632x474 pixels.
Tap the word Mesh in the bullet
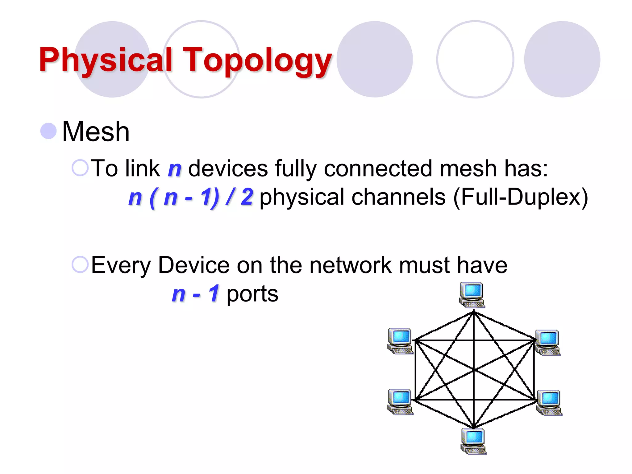96,132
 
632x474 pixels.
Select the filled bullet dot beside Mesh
49,131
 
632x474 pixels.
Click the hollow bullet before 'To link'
80,168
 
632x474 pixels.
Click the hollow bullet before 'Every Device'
80,264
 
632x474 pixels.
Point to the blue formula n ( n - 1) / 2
191,197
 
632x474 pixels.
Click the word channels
398,197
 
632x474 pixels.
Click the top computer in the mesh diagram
472,295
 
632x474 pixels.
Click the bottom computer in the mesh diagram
473,441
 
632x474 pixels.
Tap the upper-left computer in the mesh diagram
400,341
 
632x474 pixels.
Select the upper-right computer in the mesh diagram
548,343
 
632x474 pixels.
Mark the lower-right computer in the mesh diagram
549,403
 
